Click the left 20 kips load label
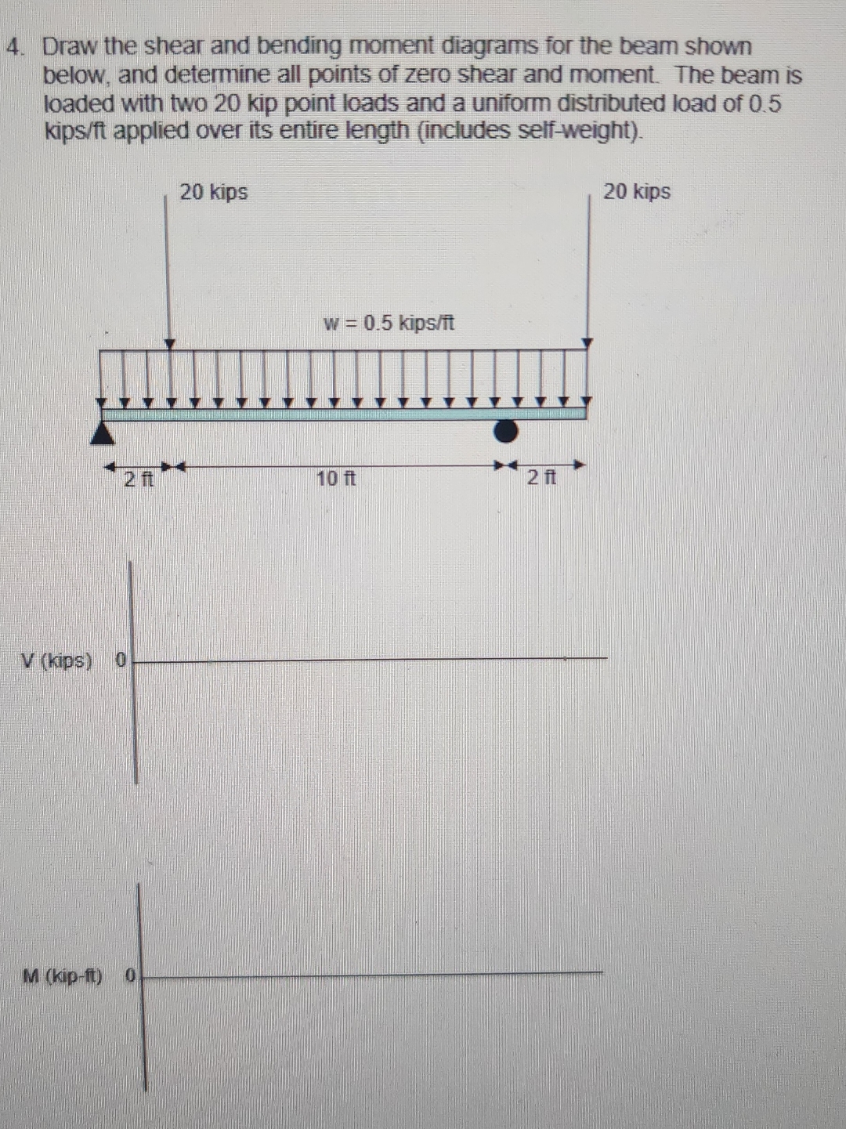[x=213, y=192]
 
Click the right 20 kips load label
[x=636, y=192]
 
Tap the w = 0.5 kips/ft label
[x=389, y=323]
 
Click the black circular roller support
[x=506, y=430]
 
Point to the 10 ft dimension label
[x=335, y=478]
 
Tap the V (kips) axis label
[x=56, y=660]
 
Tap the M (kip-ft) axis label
[x=63, y=976]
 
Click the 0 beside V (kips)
[x=121, y=660]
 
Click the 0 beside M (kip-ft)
[x=130, y=976]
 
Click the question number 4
[x=13, y=47]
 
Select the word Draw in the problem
[x=70, y=47]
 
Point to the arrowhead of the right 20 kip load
[x=588, y=342]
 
